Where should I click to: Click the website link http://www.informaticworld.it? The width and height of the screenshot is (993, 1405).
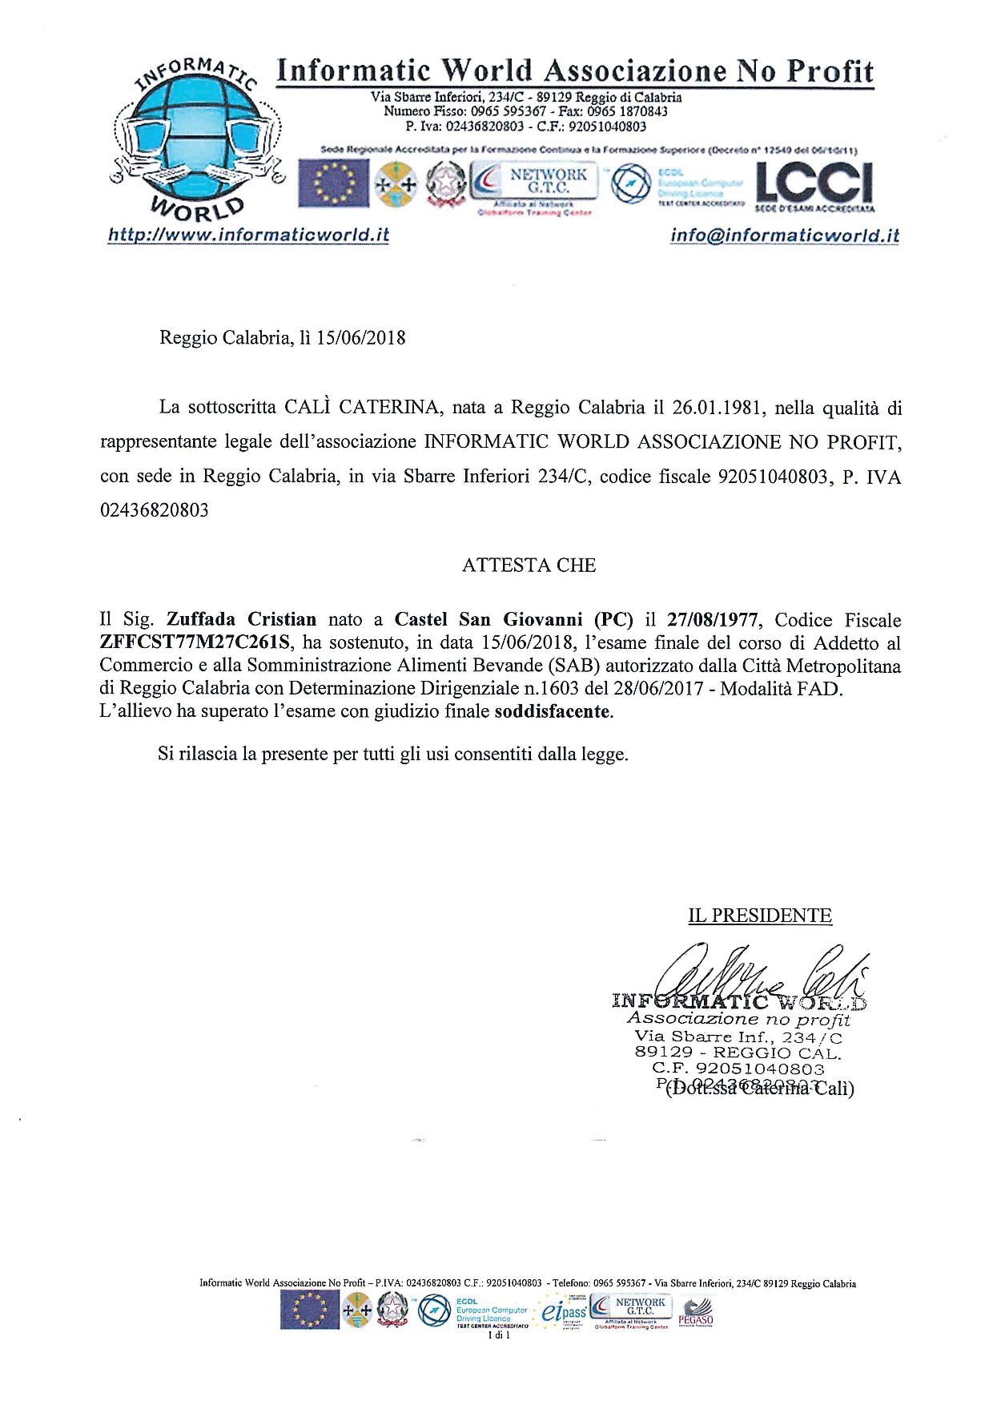(248, 235)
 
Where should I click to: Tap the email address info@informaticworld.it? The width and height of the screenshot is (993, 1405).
(784, 236)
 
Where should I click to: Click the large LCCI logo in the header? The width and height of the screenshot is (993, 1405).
(814, 183)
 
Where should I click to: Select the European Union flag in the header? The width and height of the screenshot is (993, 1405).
(333, 183)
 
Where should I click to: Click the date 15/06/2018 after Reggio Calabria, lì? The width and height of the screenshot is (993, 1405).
(361, 337)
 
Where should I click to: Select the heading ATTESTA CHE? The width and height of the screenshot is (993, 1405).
(529, 566)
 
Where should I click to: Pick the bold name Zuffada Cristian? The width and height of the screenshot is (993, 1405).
(241, 619)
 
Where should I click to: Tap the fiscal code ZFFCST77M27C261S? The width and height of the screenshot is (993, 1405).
(195, 642)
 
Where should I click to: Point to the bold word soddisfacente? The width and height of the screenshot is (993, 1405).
(553, 711)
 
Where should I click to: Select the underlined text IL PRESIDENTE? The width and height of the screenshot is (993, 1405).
(760, 916)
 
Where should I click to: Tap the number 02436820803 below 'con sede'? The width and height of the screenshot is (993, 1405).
(154, 510)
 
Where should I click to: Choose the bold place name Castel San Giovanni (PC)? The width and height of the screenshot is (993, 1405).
(514, 619)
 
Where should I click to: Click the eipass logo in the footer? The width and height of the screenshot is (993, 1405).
(564, 1312)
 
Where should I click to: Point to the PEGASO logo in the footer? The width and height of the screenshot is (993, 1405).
(695, 1318)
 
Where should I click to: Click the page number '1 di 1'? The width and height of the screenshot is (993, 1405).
(498, 1335)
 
